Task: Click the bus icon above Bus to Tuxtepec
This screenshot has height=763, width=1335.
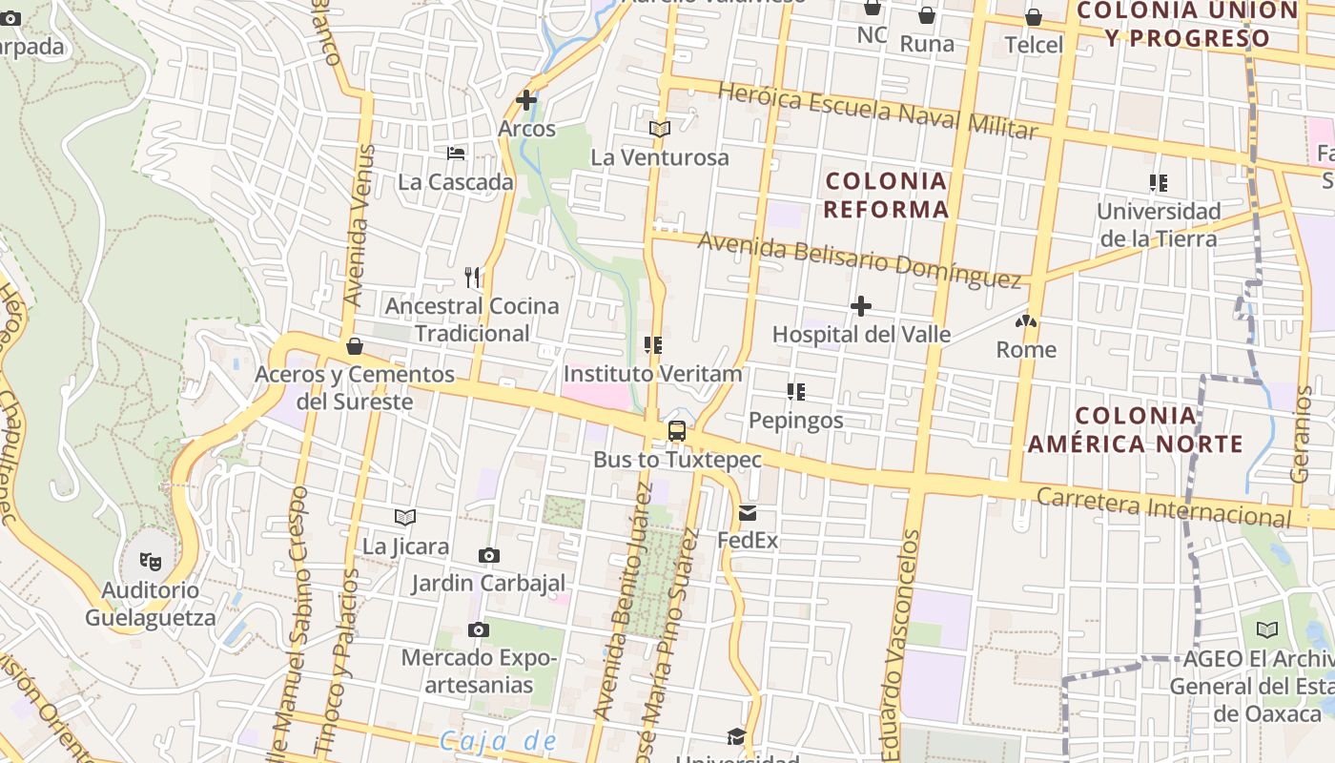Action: click(676, 431)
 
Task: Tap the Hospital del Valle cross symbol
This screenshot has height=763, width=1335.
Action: click(861, 306)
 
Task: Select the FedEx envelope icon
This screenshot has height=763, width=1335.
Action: click(748, 513)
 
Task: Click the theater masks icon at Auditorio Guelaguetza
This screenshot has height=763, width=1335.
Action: click(151, 562)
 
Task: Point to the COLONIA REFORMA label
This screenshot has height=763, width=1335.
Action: click(886, 195)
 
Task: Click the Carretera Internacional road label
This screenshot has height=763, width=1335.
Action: click(1163, 507)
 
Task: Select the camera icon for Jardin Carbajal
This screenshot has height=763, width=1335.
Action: click(489, 555)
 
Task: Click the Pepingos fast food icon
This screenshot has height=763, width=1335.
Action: click(796, 392)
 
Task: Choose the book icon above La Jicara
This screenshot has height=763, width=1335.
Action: click(405, 518)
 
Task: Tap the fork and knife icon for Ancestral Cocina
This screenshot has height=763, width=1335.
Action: click(472, 278)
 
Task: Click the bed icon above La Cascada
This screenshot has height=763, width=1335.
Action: click(456, 153)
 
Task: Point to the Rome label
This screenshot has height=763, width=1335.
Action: click(1026, 349)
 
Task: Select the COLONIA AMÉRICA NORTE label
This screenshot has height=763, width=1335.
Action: click(1135, 429)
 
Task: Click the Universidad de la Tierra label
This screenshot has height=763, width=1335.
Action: click(1159, 224)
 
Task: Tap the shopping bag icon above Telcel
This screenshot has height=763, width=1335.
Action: click(1034, 17)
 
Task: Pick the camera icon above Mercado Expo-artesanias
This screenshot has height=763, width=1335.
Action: click(479, 629)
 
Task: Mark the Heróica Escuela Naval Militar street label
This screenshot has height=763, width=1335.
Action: click(876, 111)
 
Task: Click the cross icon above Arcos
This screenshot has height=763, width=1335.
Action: click(526, 99)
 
